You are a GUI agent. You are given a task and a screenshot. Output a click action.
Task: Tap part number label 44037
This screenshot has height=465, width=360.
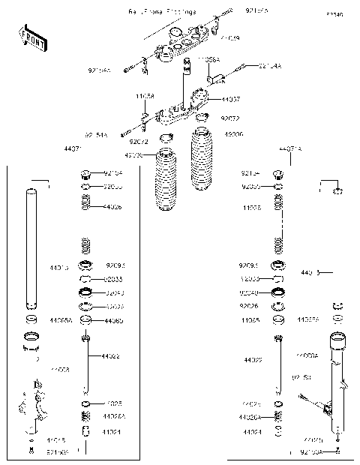[231, 99]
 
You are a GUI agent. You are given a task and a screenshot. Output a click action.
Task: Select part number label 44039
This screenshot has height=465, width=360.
[230, 37]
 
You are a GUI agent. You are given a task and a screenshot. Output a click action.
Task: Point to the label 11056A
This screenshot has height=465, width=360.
[208, 58]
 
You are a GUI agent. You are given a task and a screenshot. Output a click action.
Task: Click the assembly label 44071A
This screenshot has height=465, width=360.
[290, 150]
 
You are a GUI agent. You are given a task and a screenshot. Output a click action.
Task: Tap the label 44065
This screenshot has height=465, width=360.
[115, 321]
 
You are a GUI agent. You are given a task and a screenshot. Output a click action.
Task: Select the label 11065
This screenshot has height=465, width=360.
[250, 320]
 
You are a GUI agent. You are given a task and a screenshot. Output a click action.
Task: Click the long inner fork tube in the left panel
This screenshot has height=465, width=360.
[32, 247]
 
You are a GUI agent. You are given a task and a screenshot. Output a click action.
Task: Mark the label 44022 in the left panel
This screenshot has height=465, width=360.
[110, 356]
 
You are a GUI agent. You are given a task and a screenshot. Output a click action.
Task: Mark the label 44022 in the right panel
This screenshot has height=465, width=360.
[253, 361]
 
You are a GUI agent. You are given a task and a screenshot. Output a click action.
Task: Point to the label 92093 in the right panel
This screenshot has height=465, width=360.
[250, 265]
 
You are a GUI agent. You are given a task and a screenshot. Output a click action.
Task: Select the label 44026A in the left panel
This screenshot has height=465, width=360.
[114, 416]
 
